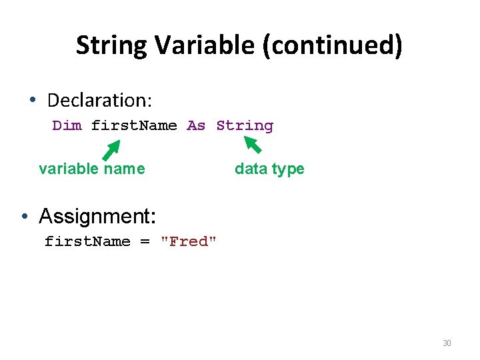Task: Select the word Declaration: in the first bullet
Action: tap(100, 101)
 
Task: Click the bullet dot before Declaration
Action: tap(33, 101)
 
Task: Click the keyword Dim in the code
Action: tap(67, 126)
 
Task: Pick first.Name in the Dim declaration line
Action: tap(134, 126)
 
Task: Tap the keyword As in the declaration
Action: tap(196, 126)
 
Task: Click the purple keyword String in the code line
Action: tap(245, 126)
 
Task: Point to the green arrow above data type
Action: tap(253, 145)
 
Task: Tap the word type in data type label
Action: tap(287, 169)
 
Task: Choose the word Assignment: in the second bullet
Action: tap(97, 216)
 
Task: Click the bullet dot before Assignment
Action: tap(23, 216)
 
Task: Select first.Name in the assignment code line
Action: tap(87, 242)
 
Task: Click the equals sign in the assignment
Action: tap(145, 242)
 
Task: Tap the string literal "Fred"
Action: tap(189, 242)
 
